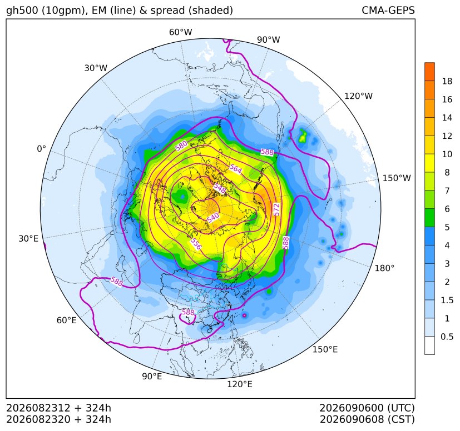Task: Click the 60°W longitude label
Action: tap(180, 32)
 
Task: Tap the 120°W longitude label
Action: tap(358, 96)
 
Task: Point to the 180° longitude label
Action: tap(384, 268)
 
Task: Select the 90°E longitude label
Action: tap(152, 377)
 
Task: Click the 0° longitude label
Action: tap(41, 149)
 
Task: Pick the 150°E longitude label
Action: tap(325, 349)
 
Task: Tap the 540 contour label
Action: tap(213, 218)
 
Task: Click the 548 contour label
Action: tap(220, 188)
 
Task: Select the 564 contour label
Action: tap(236, 169)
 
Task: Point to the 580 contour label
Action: tap(181, 146)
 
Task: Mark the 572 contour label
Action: tap(276, 209)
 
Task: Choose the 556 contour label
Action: tap(196, 244)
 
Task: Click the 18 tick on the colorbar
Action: tap(447, 81)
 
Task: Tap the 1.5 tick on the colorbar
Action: tap(447, 300)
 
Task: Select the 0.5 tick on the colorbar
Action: tap(447, 337)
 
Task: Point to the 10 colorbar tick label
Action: tap(447, 154)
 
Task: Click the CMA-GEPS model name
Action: tap(388, 10)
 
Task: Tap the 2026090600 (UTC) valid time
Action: tap(367, 408)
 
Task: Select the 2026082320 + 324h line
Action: tap(58, 419)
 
